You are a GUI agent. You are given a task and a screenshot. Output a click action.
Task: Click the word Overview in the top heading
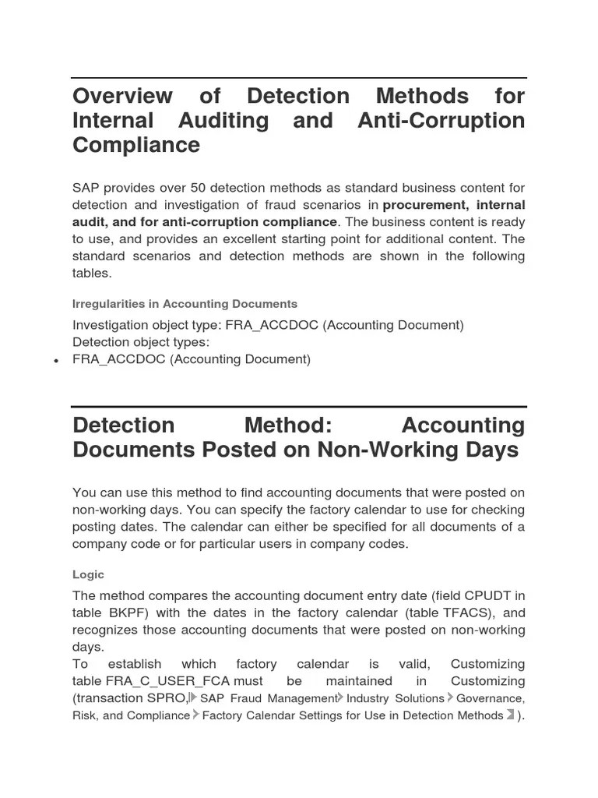122,96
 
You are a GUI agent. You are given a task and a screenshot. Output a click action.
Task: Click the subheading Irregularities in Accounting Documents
185,304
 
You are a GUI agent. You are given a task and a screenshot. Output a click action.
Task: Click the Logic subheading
88,574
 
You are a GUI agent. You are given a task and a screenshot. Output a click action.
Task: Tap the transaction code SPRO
164,698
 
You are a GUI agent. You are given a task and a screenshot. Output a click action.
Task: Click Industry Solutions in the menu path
396,698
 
